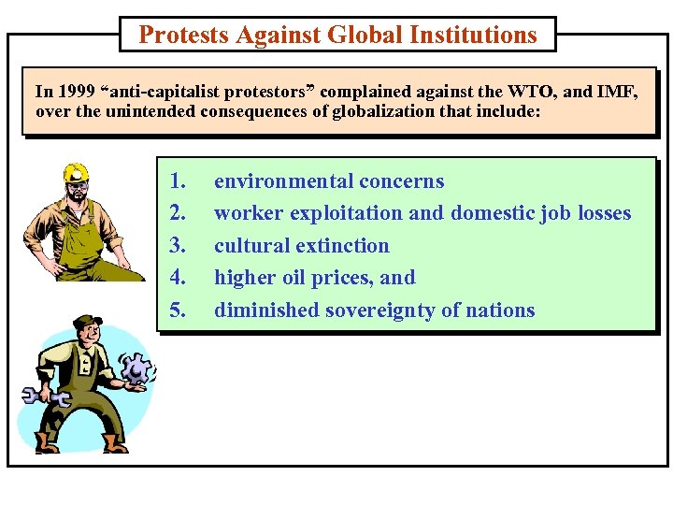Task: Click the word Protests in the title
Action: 183,36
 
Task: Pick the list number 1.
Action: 178,181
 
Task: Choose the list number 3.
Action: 178,246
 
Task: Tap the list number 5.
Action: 178,310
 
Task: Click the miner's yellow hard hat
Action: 76,173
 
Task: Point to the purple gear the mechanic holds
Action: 137,370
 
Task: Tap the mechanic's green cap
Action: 88,323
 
